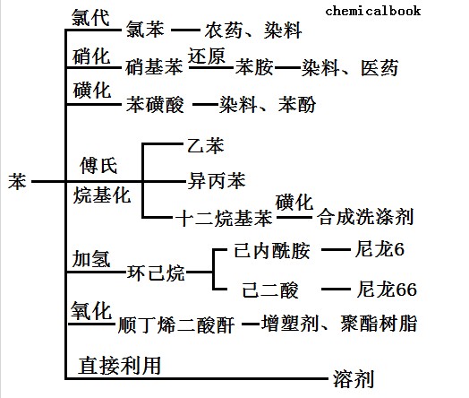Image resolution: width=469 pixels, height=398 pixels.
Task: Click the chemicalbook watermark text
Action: [x=373, y=11]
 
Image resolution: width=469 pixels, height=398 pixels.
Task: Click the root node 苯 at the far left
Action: [x=17, y=181]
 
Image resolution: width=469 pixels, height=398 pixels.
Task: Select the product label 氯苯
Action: [x=145, y=30]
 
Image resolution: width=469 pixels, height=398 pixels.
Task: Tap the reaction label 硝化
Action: [x=91, y=56]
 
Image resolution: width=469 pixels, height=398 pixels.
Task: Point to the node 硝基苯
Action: [x=154, y=66]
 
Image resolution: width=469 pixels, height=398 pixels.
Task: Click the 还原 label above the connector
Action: [x=207, y=56]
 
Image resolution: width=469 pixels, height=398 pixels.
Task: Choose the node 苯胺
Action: [x=254, y=66]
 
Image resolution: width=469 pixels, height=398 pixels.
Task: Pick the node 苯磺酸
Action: [x=155, y=105]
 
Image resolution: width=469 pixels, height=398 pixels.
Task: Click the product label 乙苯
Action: [x=206, y=145]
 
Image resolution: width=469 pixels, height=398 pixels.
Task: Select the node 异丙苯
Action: [x=217, y=180]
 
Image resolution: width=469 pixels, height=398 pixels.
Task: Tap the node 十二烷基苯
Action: [x=225, y=218]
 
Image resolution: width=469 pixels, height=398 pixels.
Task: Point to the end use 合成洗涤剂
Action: [x=365, y=217]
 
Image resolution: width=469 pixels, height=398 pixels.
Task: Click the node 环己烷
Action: [x=156, y=273]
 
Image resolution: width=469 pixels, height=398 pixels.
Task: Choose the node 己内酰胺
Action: [x=272, y=250]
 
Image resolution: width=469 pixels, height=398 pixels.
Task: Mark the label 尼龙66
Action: [x=387, y=289]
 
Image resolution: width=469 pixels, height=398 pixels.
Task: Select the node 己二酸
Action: [x=270, y=290]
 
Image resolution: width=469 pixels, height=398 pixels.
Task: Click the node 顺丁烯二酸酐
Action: [x=176, y=324]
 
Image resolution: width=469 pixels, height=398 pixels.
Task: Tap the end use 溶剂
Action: [x=354, y=379]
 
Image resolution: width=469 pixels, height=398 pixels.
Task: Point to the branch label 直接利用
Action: [x=120, y=365]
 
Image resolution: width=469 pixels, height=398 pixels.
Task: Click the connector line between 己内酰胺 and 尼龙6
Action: [x=336, y=249]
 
